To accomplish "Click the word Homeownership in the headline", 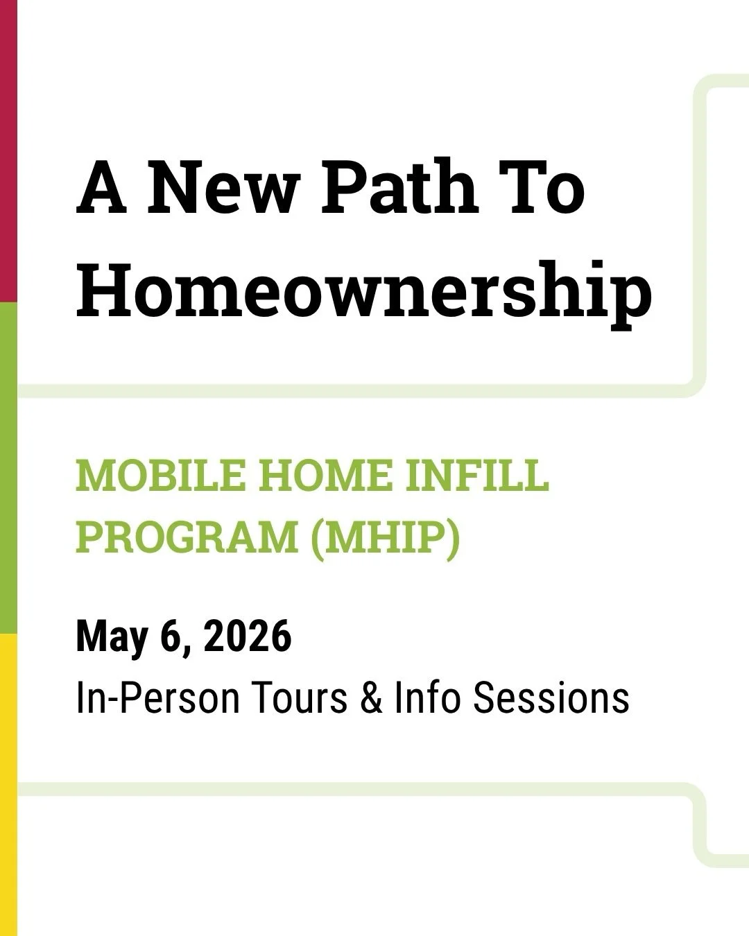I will [364, 290].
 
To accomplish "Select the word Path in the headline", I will [399, 188].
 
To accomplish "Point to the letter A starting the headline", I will [102, 188].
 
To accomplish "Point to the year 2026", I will [248, 636].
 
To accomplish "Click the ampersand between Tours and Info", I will [371, 697].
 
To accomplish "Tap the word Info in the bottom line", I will [427, 697].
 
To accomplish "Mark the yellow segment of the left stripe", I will [8, 783].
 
